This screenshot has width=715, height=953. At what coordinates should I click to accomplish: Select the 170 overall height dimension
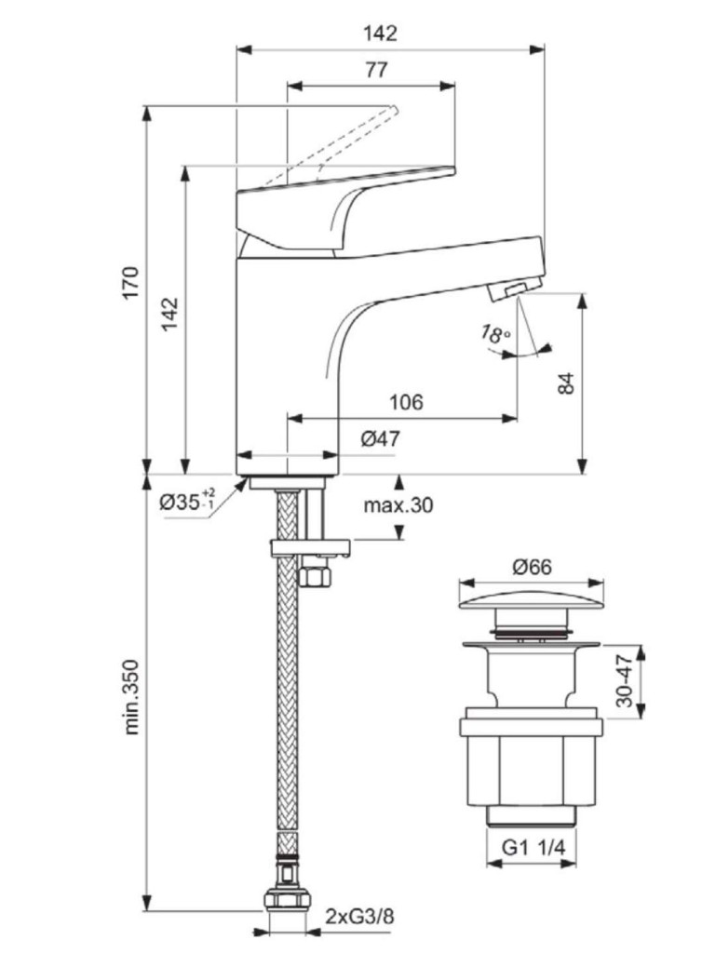(x=131, y=282)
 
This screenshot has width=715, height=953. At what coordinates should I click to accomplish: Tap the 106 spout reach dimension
(x=406, y=402)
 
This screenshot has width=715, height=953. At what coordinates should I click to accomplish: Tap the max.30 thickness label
(x=398, y=505)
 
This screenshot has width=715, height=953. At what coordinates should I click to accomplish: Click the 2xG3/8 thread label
(x=360, y=917)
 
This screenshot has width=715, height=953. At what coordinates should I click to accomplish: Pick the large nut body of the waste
(x=528, y=758)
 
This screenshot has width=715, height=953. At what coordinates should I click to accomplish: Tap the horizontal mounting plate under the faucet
(x=310, y=548)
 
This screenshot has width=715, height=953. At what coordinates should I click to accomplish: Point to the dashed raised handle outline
(x=335, y=140)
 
